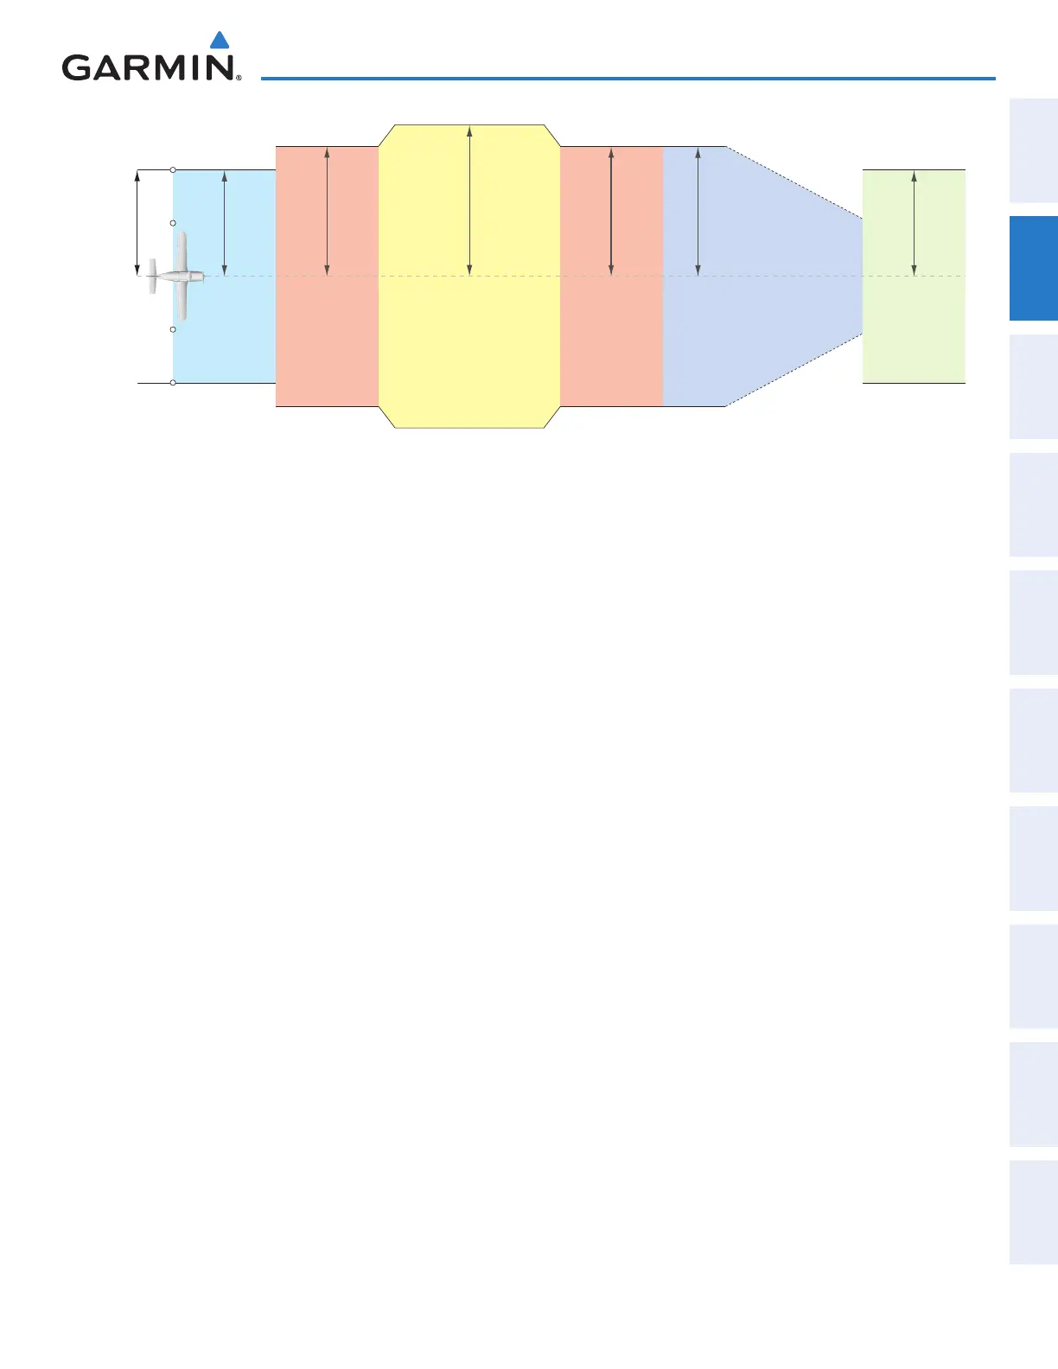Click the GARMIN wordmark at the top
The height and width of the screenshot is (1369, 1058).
147,67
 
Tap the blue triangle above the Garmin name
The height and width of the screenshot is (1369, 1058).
220,41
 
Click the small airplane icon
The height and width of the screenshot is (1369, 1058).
176,277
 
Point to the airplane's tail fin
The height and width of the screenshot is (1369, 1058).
152,277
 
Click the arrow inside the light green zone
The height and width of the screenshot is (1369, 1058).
914,223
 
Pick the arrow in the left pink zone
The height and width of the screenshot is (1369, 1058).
327,212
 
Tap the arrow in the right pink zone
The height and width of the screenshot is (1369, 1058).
611,212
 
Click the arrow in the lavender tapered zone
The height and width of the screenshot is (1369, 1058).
698,212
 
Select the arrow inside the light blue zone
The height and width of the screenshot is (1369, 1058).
225,223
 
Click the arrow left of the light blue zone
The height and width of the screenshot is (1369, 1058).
137,223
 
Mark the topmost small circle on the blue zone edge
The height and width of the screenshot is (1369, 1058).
173,169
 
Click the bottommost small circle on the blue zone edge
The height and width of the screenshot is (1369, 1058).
173,382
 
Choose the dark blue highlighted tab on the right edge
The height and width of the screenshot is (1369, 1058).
1034,268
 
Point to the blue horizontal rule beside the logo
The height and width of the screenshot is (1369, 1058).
628,79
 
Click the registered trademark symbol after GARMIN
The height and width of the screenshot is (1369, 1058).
238,78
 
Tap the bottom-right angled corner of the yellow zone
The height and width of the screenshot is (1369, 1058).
551,417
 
